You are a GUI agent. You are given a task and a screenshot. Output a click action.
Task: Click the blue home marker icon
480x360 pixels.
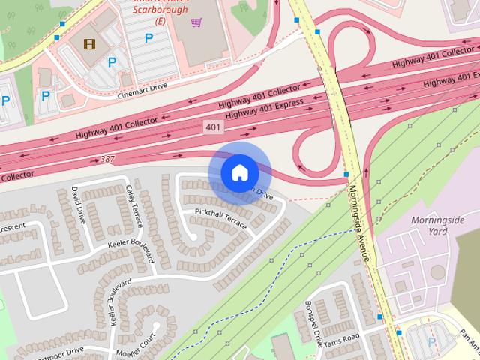point(239,173)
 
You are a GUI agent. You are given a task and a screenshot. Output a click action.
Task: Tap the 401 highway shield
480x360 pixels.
point(213,128)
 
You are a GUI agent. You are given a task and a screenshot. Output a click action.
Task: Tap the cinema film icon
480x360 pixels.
point(90,44)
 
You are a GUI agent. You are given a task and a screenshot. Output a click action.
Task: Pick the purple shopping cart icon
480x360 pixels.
point(196,23)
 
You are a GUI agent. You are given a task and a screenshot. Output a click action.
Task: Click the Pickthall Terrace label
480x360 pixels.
point(220,217)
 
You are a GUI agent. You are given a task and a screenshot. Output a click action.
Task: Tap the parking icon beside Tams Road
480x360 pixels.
point(431,341)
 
